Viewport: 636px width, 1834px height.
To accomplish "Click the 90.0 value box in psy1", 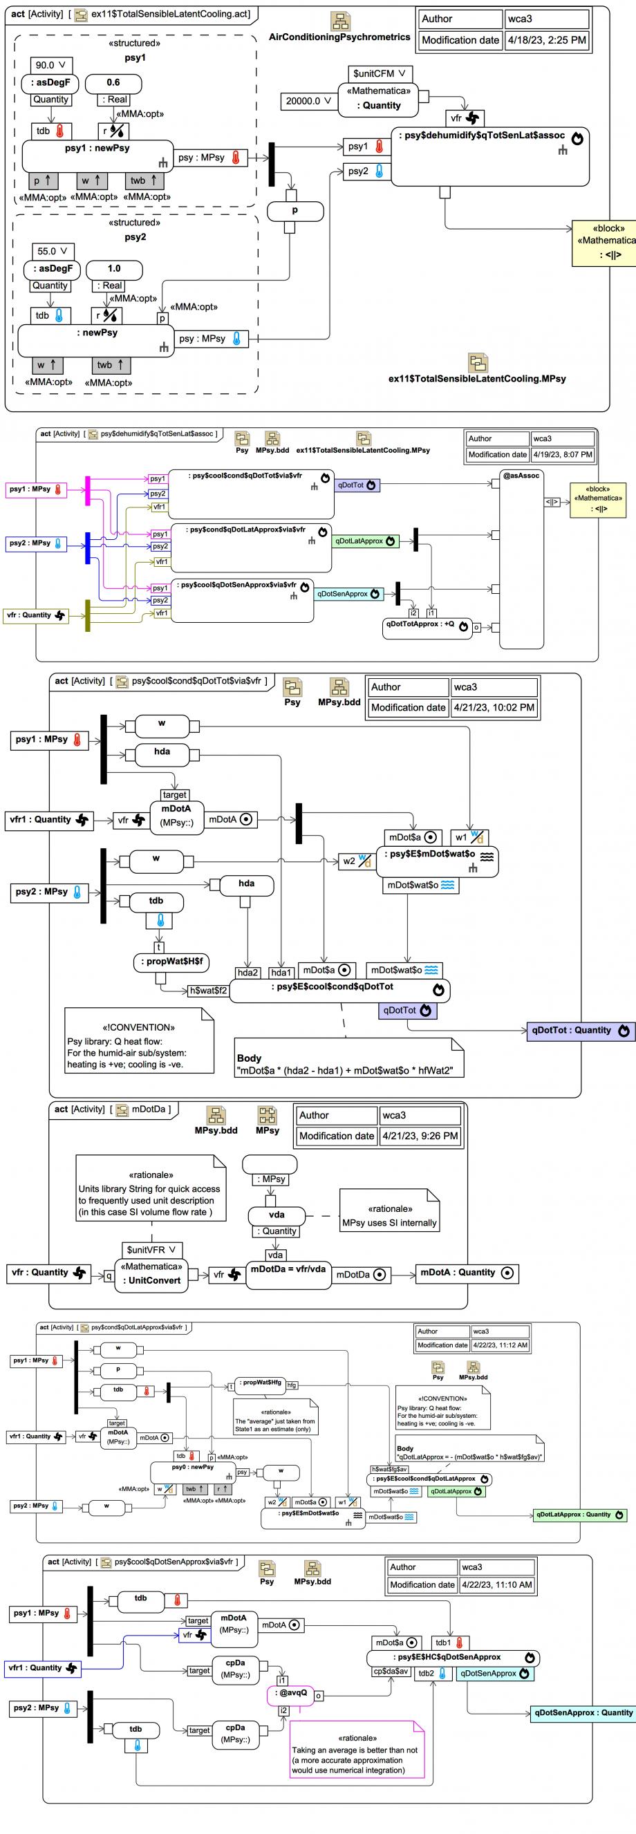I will (x=52, y=65).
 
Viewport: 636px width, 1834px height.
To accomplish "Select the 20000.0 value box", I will (x=308, y=101).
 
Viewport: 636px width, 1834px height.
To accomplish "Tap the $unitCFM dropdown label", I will (x=380, y=73).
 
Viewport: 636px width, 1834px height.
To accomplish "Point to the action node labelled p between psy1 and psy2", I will (x=295, y=211).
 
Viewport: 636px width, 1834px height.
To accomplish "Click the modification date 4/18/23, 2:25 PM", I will (x=546, y=40).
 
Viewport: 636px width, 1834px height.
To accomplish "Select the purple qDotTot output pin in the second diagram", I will (x=357, y=485).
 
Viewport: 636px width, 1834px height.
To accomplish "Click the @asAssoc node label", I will (x=521, y=476).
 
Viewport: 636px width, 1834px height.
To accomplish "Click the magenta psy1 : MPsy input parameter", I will (x=37, y=490).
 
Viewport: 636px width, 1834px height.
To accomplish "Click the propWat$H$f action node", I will (x=171, y=962).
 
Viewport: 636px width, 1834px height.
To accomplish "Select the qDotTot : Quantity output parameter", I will (x=581, y=1030).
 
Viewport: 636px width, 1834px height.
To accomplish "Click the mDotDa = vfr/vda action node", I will (x=288, y=1269).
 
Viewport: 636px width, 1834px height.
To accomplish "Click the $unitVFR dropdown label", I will (x=151, y=1249).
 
